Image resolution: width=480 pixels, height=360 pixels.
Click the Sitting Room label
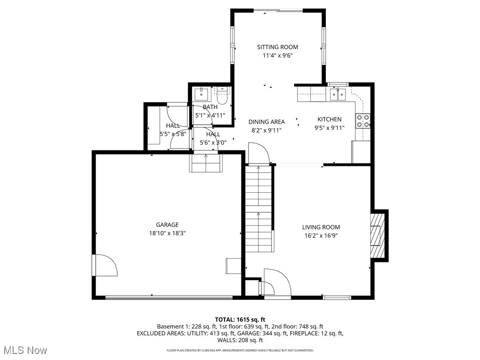(x=277, y=47)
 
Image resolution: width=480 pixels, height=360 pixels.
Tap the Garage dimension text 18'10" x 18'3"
(x=167, y=233)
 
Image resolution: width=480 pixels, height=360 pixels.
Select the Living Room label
(x=321, y=227)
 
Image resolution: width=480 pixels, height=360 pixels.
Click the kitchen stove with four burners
(x=362, y=121)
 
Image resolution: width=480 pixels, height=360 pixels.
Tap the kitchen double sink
(x=338, y=95)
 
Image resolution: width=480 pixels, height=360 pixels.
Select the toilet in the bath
(x=222, y=96)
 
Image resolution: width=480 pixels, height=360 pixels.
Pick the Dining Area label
(x=266, y=122)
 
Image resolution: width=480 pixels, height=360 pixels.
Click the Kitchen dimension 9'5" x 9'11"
(x=329, y=127)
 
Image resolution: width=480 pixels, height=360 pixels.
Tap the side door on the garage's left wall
(x=104, y=266)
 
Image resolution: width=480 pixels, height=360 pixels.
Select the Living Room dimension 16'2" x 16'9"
(x=321, y=236)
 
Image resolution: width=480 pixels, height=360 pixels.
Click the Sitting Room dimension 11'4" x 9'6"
(x=277, y=55)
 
